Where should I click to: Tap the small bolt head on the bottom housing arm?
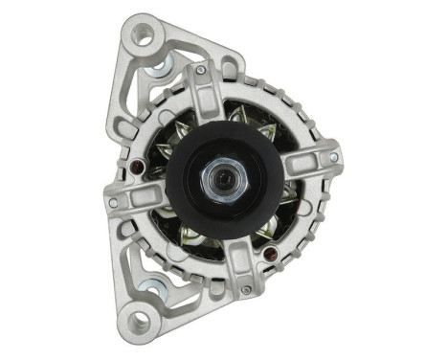click(247, 288)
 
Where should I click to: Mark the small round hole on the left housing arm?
click(114, 203)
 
